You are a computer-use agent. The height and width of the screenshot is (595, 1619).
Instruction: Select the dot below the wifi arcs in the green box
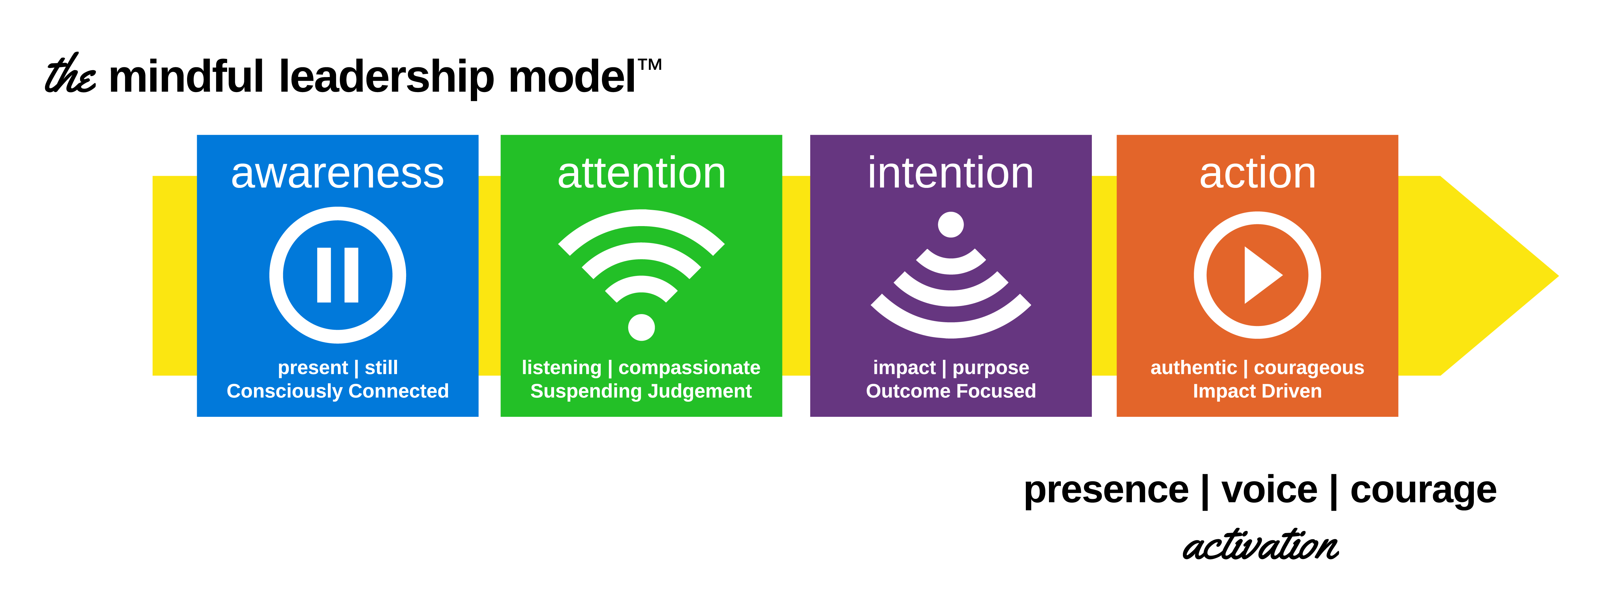pyautogui.click(x=641, y=327)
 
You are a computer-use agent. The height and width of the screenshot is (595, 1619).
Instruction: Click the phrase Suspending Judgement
pyautogui.click(x=641, y=391)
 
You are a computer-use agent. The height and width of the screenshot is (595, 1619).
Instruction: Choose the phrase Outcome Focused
pyautogui.click(x=951, y=391)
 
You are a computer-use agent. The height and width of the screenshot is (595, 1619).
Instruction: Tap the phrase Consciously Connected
pyautogui.click(x=338, y=391)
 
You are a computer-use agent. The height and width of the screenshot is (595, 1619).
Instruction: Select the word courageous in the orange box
pyautogui.click(x=1309, y=368)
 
